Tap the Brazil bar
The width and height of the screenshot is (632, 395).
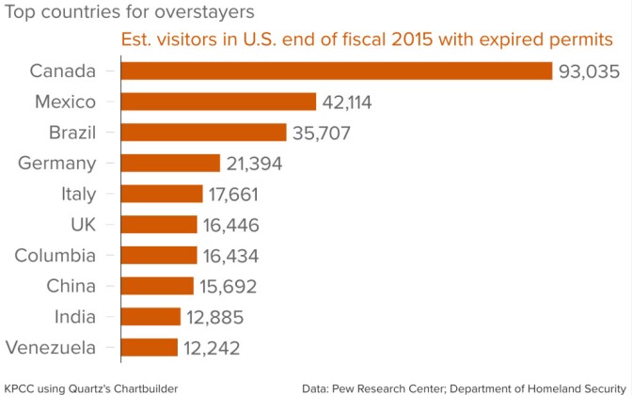click(x=204, y=133)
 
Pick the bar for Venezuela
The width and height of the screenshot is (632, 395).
click(x=150, y=347)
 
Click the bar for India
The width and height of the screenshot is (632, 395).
click(x=151, y=317)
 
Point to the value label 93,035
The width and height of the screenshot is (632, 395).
click(x=590, y=71)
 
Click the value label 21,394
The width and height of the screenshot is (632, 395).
click(x=254, y=164)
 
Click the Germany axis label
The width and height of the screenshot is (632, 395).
click(x=57, y=164)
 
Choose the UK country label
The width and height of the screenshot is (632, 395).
click(x=83, y=225)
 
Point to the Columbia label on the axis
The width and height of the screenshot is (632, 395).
click(x=55, y=256)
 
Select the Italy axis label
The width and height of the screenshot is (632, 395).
click(x=77, y=195)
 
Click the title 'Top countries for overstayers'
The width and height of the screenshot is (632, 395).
click(x=129, y=14)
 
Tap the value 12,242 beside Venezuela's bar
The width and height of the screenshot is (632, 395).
click(x=212, y=348)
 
